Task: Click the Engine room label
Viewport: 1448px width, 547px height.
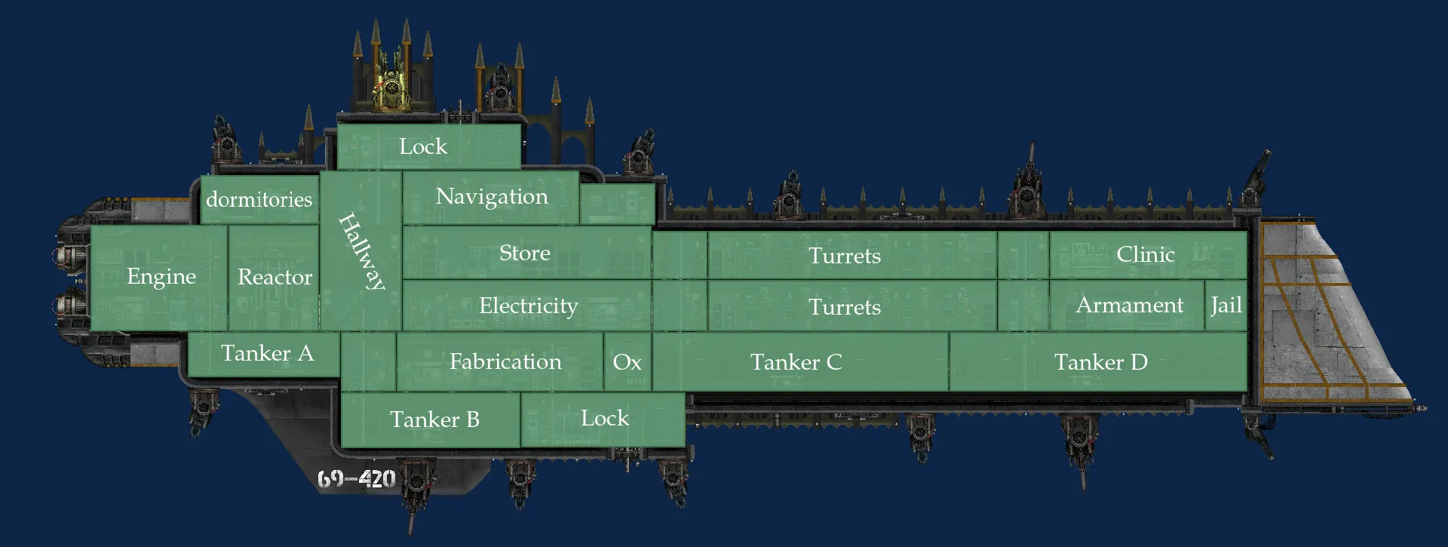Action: (161, 277)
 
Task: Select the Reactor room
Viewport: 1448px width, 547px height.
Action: (275, 277)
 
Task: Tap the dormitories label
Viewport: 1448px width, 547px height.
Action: (259, 199)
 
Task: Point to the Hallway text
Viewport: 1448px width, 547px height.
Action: (362, 251)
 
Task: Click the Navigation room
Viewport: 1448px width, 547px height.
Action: (492, 196)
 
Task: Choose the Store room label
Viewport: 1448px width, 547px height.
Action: (525, 253)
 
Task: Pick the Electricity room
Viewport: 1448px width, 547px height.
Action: (528, 306)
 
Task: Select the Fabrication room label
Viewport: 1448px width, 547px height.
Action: (505, 361)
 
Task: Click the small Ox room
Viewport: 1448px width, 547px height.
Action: (627, 362)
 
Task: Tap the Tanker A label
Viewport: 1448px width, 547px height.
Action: (267, 353)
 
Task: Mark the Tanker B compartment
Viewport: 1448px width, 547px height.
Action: (434, 419)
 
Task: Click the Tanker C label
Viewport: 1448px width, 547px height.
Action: (796, 362)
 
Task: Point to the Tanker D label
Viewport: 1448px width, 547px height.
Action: (1100, 362)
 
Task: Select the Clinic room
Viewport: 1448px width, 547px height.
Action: (1145, 254)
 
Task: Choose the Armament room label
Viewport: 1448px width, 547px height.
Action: (1129, 305)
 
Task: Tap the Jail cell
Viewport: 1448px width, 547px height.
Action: (1226, 305)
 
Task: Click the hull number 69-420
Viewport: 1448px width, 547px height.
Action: (357, 478)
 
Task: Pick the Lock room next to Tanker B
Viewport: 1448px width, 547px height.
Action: (604, 418)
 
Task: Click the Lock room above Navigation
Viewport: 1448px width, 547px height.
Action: (423, 146)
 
